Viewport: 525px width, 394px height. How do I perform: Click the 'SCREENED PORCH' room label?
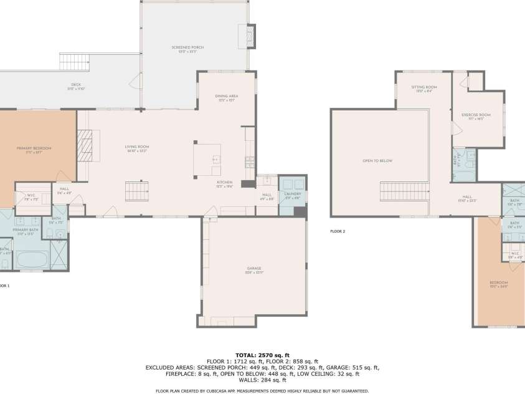pyautogui.click(x=187, y=47)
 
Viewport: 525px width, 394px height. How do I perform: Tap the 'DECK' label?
pyautogui.click(x=76, y=85)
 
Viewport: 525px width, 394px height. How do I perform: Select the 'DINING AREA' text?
pyautogui.click(x=227, y=96)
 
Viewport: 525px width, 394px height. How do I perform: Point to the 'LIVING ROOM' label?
pyautogui.click(x=138, y=147)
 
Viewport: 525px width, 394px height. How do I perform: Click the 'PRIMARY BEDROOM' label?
pyautogui.click(x=34, y=148)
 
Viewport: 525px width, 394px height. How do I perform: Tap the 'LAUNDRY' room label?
pyautogui.click(x=293, y=193)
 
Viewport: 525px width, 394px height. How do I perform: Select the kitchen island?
pyautogui.click(x=207, y=159)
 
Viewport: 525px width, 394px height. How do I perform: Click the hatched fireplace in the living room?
pyautogui.click(x=84, y=145)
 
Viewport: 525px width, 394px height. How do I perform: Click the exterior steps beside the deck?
pyautogui.click(x=75, y=62)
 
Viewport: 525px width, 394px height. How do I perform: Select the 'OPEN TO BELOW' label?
pyautogui.click(x=377, y=160)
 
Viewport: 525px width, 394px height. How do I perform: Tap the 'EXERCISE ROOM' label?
pyautogui.click(x=476, y=115)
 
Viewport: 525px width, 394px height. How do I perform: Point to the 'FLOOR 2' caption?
pyautogui.click(x=338, y=231)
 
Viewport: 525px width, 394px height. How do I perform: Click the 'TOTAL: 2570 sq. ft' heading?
pyautogui.click(x=262, y=354)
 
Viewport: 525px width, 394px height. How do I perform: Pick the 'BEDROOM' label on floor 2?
pyautogui.click(x=499, y=285)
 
